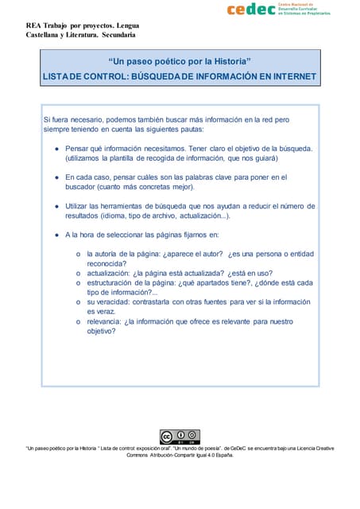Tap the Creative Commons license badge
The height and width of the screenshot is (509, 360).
180,437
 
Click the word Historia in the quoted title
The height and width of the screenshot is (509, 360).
227,61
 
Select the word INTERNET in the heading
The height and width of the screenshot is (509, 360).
288,77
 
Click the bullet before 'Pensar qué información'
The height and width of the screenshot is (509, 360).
56,149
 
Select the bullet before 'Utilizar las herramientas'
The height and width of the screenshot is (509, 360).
56,206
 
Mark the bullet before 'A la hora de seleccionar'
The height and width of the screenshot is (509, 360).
56,235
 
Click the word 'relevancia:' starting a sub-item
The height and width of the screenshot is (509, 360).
108,321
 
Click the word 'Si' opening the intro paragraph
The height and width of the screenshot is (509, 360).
47,119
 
